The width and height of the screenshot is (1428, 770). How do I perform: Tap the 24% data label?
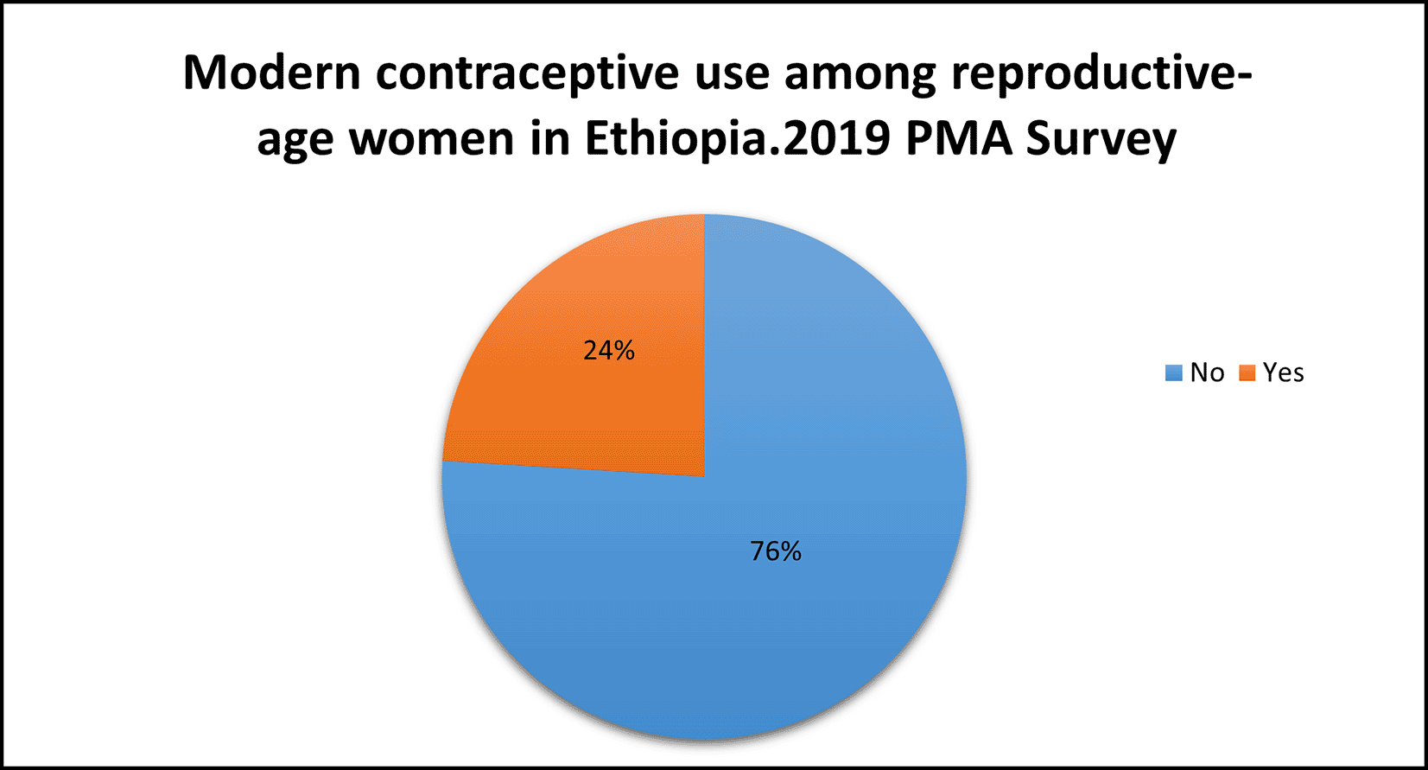pyautogui.click(x=609, y=351)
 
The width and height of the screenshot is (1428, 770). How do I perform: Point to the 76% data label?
pyautogui.click(x=776, y=551)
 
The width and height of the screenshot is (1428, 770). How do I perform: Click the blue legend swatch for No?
pyautogui.click(x=1174, y=373)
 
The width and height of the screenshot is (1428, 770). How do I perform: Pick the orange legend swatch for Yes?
pyautogui.click(x=1247, y=373)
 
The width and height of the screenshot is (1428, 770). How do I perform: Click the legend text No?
pyautogui.click(x=1207, y=372)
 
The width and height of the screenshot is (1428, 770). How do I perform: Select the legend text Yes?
pyautogui.click(x=1283, y=372)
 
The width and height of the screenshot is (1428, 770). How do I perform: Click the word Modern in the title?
pyautogui.click(x=272, y=73)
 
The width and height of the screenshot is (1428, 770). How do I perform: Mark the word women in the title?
pyautogui.click(x=431, y=138)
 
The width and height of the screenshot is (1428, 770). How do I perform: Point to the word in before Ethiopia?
pyautogui.click(x=549, y=138)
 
